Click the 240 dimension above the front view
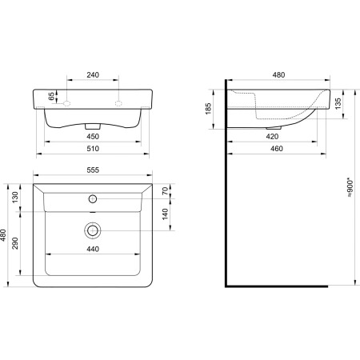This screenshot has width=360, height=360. (93, 75)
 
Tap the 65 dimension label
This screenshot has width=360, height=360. (51, 96)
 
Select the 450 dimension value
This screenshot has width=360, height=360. (93, 136)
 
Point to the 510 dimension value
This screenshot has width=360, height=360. (93, 149)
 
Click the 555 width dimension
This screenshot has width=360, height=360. (93, 170)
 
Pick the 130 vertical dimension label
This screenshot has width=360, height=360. (15, 197)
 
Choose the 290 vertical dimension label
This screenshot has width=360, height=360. (15, 243)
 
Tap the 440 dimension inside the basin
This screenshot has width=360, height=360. (93, 249)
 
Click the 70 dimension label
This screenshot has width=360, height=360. (166, 191)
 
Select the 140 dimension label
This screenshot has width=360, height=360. (166, 214)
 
